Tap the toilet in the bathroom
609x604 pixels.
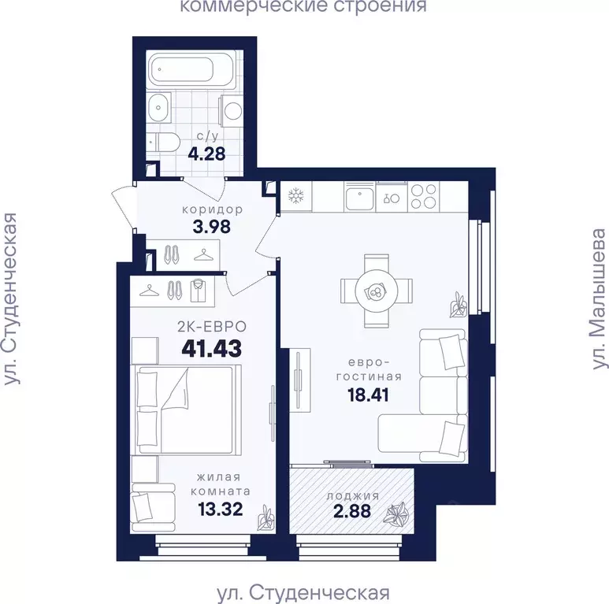165,142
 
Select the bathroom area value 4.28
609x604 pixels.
206,153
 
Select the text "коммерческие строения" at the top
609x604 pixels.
303,8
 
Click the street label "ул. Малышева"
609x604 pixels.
600,299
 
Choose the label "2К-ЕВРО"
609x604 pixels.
211,325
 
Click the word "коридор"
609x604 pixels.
211,210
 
